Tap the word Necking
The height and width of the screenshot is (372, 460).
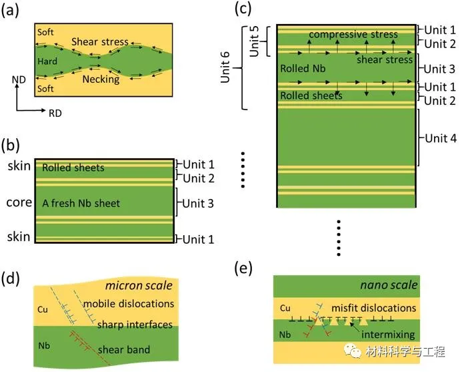[x=101, y=79]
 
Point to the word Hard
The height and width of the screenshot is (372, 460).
[x=48, y=61]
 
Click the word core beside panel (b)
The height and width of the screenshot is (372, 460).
[x=19, y=202]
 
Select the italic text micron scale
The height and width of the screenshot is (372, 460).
[x=143, y=286]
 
